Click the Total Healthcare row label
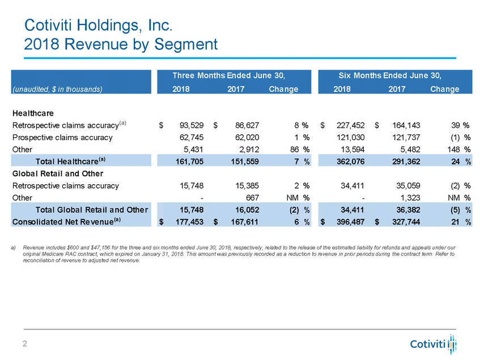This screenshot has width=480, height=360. (71, 162)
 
